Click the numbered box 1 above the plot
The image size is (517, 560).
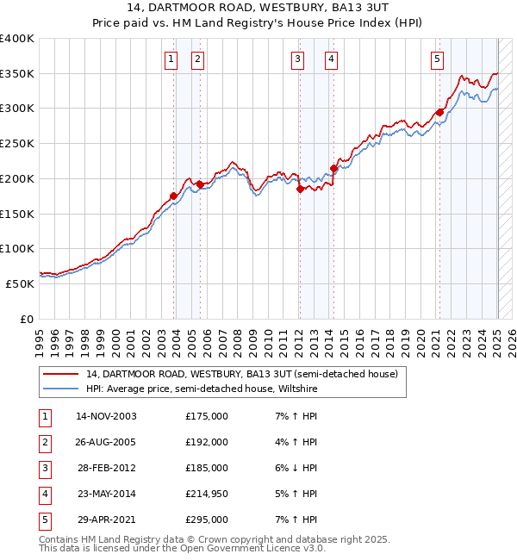[171, 59]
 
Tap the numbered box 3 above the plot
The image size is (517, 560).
[297, 59]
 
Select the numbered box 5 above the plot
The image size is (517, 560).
[438, 59]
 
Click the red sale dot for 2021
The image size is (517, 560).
[439, 111]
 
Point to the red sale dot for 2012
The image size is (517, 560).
[300, 189]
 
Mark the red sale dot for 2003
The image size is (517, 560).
[174, 196]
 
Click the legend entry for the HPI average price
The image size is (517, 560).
[202, 389]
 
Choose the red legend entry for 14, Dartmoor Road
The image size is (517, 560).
[241, 374]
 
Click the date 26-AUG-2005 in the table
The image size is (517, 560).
[106, 442]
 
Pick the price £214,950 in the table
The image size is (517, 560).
[207, 495]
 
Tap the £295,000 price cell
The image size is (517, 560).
[207, 520]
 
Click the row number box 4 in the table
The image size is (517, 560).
[43, 495]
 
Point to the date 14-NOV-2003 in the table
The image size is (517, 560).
[106, 416]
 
